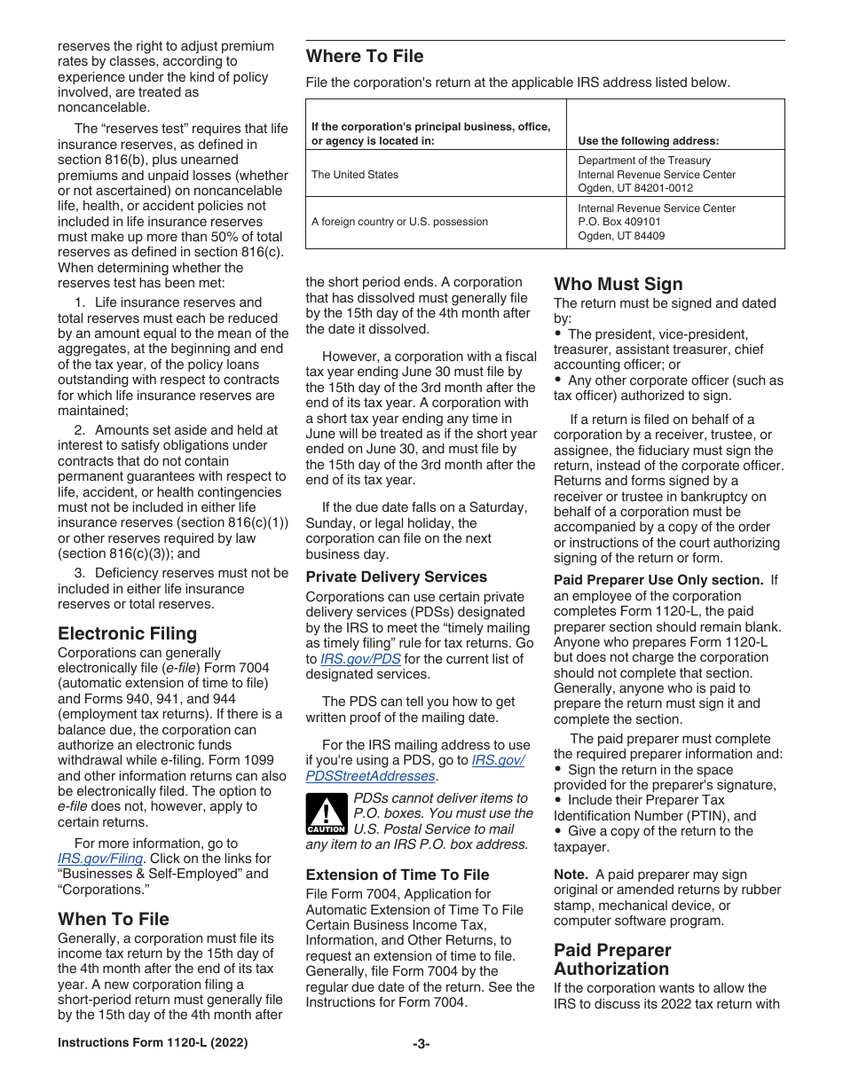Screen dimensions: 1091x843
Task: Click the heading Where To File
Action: tap(365, 57)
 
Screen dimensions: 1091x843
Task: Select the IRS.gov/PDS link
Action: tap(359, 659)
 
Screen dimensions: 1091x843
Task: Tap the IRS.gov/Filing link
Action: tap(100, 859)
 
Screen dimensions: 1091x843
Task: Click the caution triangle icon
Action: tap(326, 813)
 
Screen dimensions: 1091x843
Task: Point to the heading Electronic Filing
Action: tap(127, 633)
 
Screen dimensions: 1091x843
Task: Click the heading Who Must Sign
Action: tap(618, 284)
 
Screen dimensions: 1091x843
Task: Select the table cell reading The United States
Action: tap(355, 175)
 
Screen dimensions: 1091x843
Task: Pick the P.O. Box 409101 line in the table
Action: tap(619, 222)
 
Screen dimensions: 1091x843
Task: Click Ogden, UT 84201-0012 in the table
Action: tap(635, 188)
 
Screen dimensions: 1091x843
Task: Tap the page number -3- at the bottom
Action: tap(421, 1043)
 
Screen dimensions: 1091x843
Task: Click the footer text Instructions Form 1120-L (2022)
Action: tap(153, 1043)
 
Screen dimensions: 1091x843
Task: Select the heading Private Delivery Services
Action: tap(396, 577)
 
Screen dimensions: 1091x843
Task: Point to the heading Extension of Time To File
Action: tap(397, 875)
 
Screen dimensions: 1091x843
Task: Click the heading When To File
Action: tap(113, 919)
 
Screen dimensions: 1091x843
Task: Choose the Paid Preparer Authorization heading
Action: tap(611, 960)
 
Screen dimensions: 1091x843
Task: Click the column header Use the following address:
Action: tap(648, 140)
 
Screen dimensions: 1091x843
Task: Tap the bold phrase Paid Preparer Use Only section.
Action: tap(658, 580)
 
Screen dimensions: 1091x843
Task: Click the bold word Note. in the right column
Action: tap(571, 874)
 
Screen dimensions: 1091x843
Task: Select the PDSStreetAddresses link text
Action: tap(370, 776)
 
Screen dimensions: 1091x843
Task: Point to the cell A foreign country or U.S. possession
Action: tap(399, 222)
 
